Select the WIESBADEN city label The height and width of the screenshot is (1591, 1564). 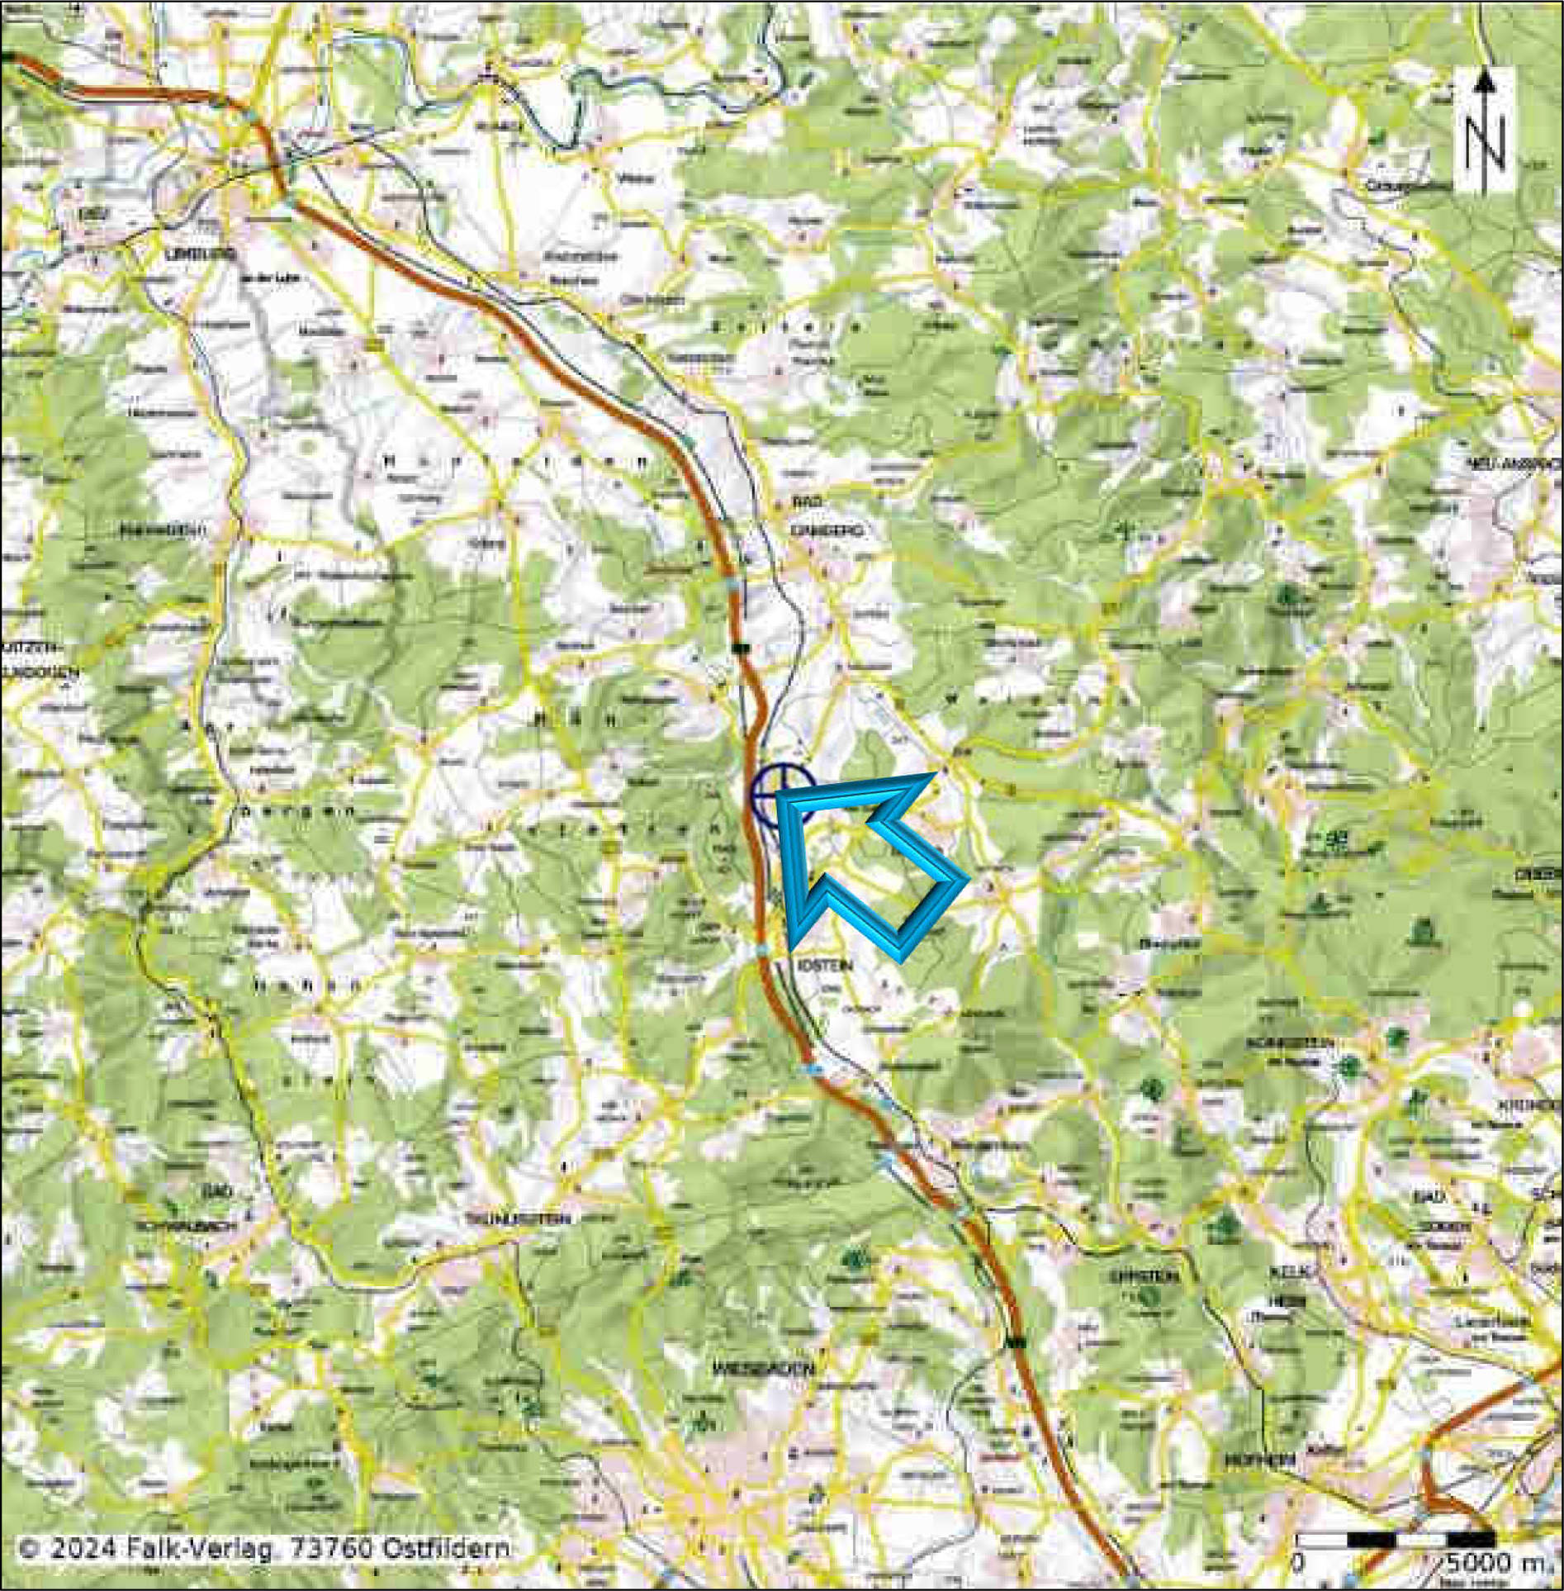(x=764, y=1369)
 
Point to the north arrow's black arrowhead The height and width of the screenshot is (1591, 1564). (x=1485, y=80)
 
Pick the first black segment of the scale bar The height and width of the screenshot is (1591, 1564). (x=1370, y=1540)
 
